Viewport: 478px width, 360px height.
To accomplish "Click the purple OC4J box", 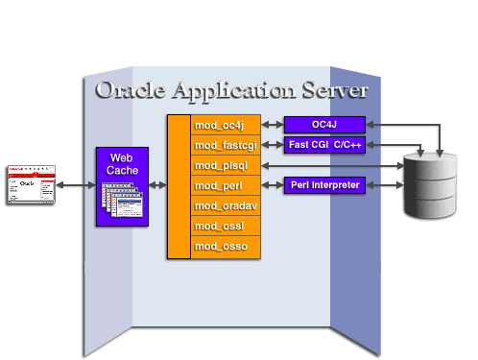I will (x=324, y=124).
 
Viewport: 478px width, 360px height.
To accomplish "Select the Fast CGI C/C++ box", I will (x=324, y=145).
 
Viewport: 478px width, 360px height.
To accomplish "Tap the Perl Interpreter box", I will (x=324, y=184).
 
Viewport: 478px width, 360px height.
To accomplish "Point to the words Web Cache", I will (x=121, y=163).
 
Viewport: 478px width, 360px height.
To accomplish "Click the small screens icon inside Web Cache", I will (x=121, y=202).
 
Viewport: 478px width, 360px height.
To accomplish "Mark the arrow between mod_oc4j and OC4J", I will (x=272, y=125).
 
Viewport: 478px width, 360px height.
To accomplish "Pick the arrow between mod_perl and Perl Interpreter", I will (x=272, y=185).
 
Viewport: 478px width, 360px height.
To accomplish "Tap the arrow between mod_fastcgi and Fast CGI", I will (x=272, y=145).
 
